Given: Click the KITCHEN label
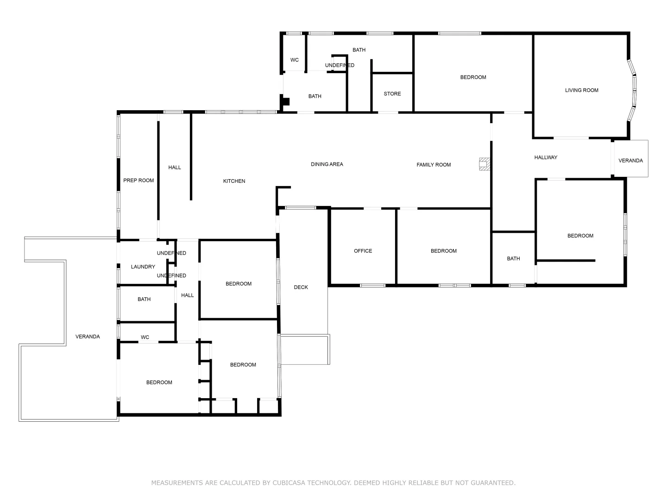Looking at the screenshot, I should click(x=234, y=181).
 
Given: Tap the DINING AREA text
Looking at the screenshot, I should click(x=327, y=164).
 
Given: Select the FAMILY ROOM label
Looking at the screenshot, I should click(x=433, y=165).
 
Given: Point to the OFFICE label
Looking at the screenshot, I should click(x=363, y=251).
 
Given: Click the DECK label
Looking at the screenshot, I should click(x=301, y=287).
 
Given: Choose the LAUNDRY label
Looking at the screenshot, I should click(x=143, y=267).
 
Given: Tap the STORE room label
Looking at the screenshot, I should click(x=392, y=94).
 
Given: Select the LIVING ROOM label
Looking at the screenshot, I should click(x=581, y=90).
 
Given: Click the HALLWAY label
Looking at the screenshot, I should click(x=546, y=157).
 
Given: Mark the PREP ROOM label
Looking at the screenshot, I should click(x=138, y=181).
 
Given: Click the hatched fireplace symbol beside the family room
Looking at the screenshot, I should click(x=485, y=164).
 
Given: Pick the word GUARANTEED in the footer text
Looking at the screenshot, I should click(x=492, y=483).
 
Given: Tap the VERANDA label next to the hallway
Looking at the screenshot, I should click(x=630, y=161).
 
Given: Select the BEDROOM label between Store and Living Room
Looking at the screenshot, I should click(x=473, y=77).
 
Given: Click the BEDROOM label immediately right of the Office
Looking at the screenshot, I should click(x=443, y=251).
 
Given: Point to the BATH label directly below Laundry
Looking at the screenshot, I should click(x=144, y=300).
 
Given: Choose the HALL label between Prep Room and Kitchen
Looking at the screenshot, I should click(x=174, y=168).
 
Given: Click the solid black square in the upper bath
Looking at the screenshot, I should click(x=286, y=101).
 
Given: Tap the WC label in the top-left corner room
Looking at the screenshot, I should click(x=294, y=60).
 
